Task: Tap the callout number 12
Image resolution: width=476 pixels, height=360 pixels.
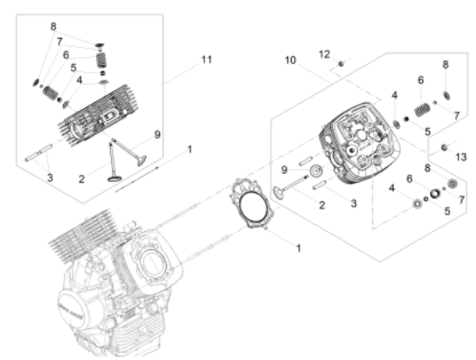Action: [x=324, y=54]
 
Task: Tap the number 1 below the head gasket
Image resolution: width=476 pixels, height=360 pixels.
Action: [x=298, y=248]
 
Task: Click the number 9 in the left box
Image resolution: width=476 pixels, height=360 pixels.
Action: [x=157, y=133]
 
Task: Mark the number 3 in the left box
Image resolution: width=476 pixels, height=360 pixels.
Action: [x=50, y=177]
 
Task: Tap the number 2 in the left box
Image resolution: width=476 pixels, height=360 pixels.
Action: [x=81, y=178]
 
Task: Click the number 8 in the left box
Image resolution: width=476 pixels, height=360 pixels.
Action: [x=54, y=26]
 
